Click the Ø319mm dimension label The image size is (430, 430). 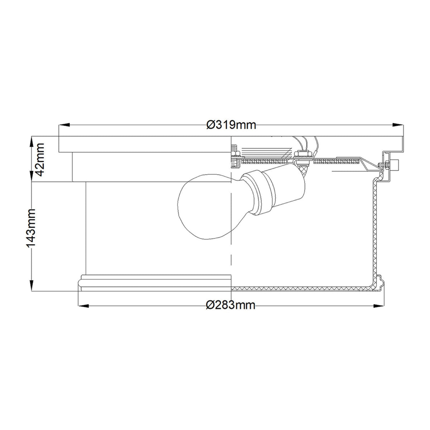pyautogui.click(x=231, y=125)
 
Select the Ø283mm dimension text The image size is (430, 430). pyautogui.click(x=231, y=305)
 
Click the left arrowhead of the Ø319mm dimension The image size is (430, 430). pyautogui.click(x=64, y=125)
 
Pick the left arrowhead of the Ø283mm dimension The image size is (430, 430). pyautogui.click(x=83, y=306)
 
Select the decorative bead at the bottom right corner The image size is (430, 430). pyautogui.click(x=379, y=281)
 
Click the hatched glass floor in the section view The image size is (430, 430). pyautogui.click(x=301, y=288)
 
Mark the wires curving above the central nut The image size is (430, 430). pyautogui.click(x=305, y=143)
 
